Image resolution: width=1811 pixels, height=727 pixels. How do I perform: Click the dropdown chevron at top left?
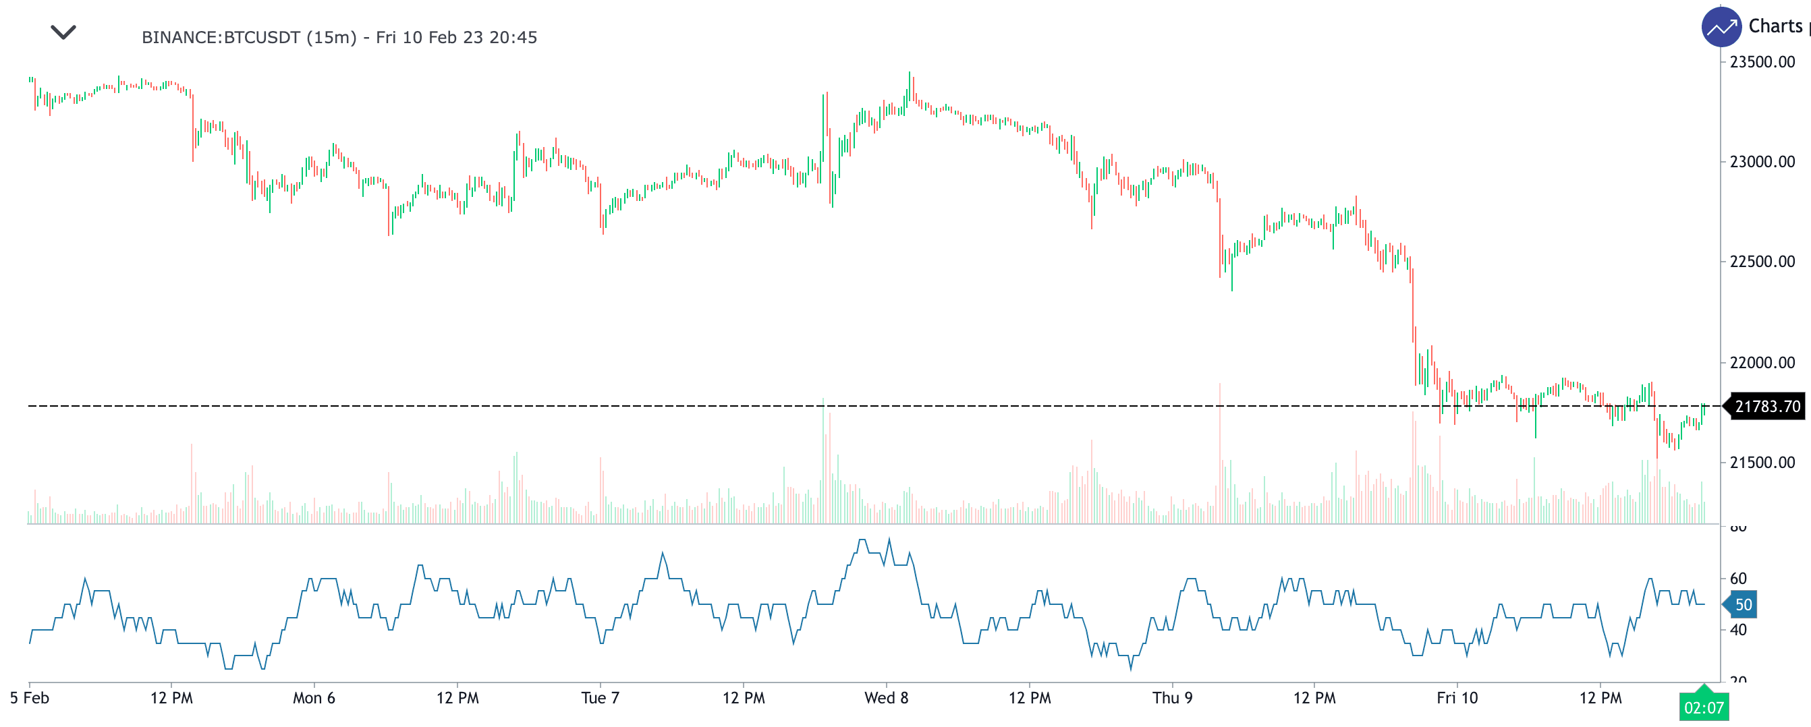pyautogui.click(x=63, y=32)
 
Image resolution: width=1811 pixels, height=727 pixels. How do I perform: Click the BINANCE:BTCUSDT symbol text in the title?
pyautogui.click(x=221, y=37)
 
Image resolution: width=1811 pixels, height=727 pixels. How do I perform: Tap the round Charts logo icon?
pyautogui.click(x=1721, y=28)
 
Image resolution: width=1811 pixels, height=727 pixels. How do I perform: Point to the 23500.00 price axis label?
pyautogui.click(x=1762, y=62)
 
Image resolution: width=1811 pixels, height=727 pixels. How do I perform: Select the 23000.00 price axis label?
pyautogui.click(x=1762, y=162)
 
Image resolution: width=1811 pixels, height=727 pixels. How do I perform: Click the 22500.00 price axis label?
pyautogui.click(x=1762, y=261)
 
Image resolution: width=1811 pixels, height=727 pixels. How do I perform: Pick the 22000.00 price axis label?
pyautogui.click(x=1762, y=362)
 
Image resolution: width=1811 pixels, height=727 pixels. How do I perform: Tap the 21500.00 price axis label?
pyautogui.click(x=1762, y=462)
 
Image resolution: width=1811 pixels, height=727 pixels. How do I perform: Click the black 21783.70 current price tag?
pyautogui.click(x=1766, y=407)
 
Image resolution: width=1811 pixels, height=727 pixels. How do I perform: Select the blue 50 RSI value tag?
pyautogui.click(x=1743, y=605)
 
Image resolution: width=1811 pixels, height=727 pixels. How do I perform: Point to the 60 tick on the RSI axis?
pyautogui.click(x=1738, y=578)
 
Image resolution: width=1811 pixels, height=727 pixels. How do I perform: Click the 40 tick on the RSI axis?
pyautogui.click(x=1738, y=630)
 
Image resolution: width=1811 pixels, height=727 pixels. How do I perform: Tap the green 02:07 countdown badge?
pyautogui.click(x=1704, y=707)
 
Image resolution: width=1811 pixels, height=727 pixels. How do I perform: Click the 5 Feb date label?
pyautogui.click(x=30, y=698)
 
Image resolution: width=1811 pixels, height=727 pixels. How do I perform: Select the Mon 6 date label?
pyautogui.click(x=314, y=698)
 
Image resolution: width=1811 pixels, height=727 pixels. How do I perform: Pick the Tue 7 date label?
pyautogui.click(x=600, y=698)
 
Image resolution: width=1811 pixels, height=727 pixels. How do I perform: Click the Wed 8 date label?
pyautogui.click(x=886, y=698)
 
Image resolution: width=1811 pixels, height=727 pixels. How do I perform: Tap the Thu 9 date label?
pyautogui.click(x=1172, y=698)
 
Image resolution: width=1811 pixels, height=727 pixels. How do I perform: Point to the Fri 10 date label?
pyautogui.click(x=1457, y=698)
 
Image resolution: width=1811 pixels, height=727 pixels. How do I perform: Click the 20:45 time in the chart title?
pyautogui.click(x=513, y=37)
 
